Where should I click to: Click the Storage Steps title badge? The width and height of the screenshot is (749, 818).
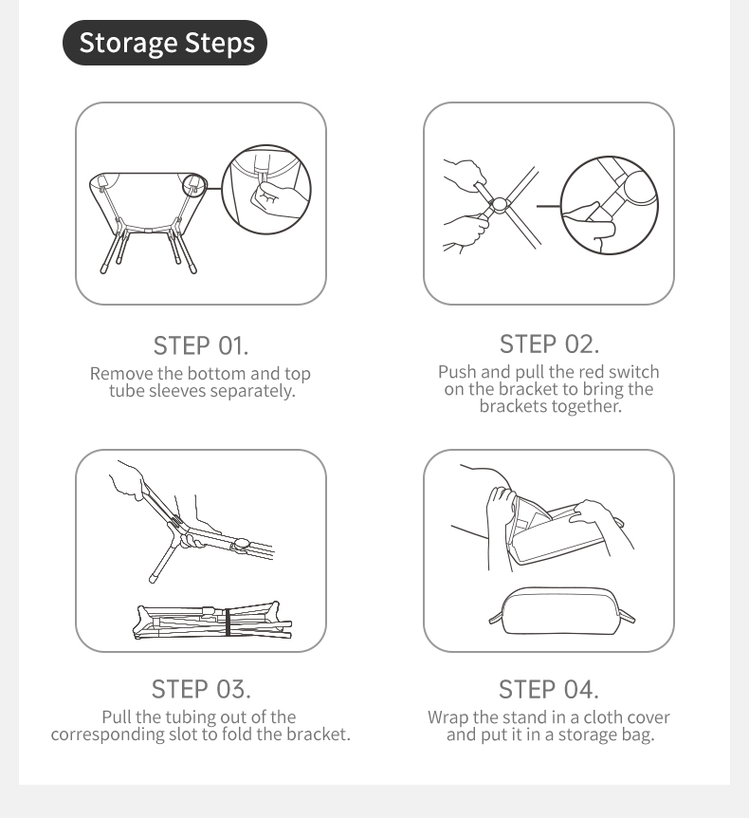tap(165, 43)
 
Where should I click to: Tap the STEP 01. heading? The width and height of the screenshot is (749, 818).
tap(201, 345)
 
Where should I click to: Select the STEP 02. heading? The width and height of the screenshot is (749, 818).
tap(549, 344)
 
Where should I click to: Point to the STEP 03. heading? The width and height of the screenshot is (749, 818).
tap(201, 689)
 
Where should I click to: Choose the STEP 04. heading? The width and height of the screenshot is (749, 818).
tap(549, 690)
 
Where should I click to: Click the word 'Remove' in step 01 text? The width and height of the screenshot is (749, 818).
tap(122, 374)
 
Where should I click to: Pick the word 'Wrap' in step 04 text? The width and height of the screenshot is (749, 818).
tap(448, 717)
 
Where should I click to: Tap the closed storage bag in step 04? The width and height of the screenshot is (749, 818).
tap(562, 611)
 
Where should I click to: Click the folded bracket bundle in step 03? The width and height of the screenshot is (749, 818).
tap(213, 621)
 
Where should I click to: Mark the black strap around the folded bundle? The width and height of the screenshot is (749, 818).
tap(228, 622)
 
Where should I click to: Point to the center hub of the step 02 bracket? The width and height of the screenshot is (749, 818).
tap(500, 205)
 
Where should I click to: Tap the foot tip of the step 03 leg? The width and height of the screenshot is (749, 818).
tap(153, 579)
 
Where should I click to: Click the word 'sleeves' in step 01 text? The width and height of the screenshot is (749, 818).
tap(177, 391)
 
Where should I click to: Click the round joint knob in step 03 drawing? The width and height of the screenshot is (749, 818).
tap(240, 545)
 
